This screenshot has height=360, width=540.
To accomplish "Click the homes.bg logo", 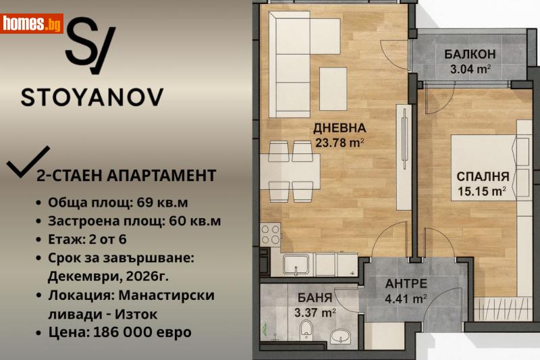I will tap(32, 24).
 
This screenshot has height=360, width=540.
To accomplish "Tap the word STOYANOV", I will tap(92, 96).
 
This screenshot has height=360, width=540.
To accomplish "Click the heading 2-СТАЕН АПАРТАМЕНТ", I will tap(125, 176).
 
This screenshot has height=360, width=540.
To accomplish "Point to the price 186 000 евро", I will tap(119, 332).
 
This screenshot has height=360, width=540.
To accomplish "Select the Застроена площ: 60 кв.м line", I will tap(134, 221).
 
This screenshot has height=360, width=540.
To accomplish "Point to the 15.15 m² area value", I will tap(481, 191).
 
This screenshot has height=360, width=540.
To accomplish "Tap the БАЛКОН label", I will tap(470, 55).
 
